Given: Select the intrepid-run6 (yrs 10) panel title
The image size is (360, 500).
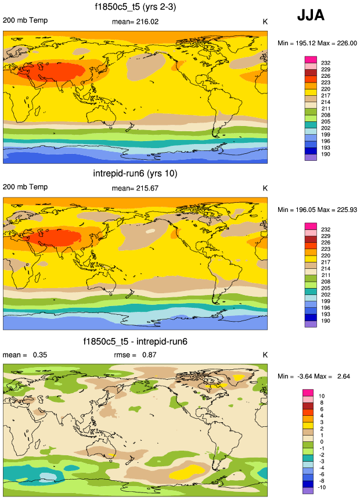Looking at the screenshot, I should point(135,174).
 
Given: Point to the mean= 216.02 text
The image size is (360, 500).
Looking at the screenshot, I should point(135,22).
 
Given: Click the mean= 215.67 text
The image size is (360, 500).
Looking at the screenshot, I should point(135,188).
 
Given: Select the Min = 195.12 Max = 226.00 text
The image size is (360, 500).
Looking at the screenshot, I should point(316,43).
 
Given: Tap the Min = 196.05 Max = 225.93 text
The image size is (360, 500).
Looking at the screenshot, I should point(316,209).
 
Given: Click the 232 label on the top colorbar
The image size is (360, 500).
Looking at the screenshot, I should point(325,63).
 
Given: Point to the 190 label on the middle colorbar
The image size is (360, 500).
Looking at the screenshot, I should point(325,321).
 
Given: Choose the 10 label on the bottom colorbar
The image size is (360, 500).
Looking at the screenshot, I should point(322,395).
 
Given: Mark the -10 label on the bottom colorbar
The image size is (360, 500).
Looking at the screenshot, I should point(324,487).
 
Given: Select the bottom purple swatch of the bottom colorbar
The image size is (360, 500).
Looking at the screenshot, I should point(308,491).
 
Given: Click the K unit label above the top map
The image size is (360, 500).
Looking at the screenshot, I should point(265,22).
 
